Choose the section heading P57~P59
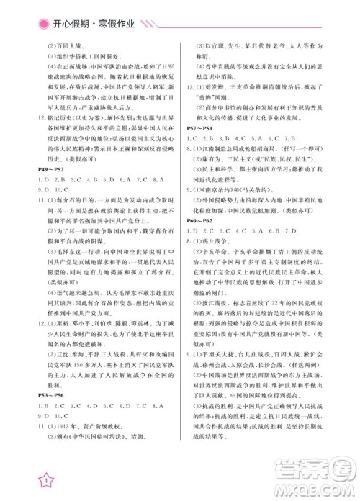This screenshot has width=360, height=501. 201,125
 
